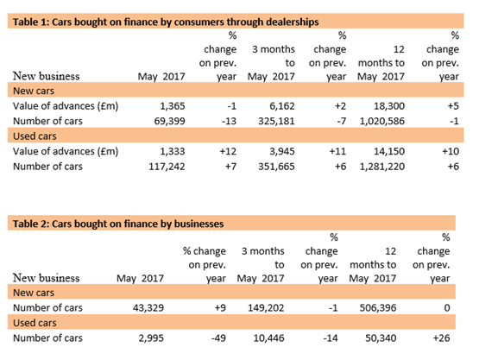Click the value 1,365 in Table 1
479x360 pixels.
[173, 106]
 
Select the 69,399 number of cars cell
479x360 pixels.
[169, 121]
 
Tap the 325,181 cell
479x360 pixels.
[276, 121]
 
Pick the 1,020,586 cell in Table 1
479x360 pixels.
[382, 121]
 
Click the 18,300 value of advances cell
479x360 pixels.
[389, 106]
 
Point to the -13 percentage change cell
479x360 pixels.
[229, 121]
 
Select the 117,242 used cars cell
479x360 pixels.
[167, 167]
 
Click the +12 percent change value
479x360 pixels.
[228, 151]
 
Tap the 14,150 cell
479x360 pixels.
[389, 151]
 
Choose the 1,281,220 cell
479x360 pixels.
[382, 167]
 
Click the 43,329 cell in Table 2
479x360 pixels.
[148, 307]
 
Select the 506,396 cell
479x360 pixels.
[378, 307]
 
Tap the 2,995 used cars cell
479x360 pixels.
[151, 338]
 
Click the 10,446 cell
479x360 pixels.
[268, 338]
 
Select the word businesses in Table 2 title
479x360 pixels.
[199, 224]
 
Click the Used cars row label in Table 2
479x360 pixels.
[35, 323]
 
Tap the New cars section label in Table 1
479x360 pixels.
[34, 91]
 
